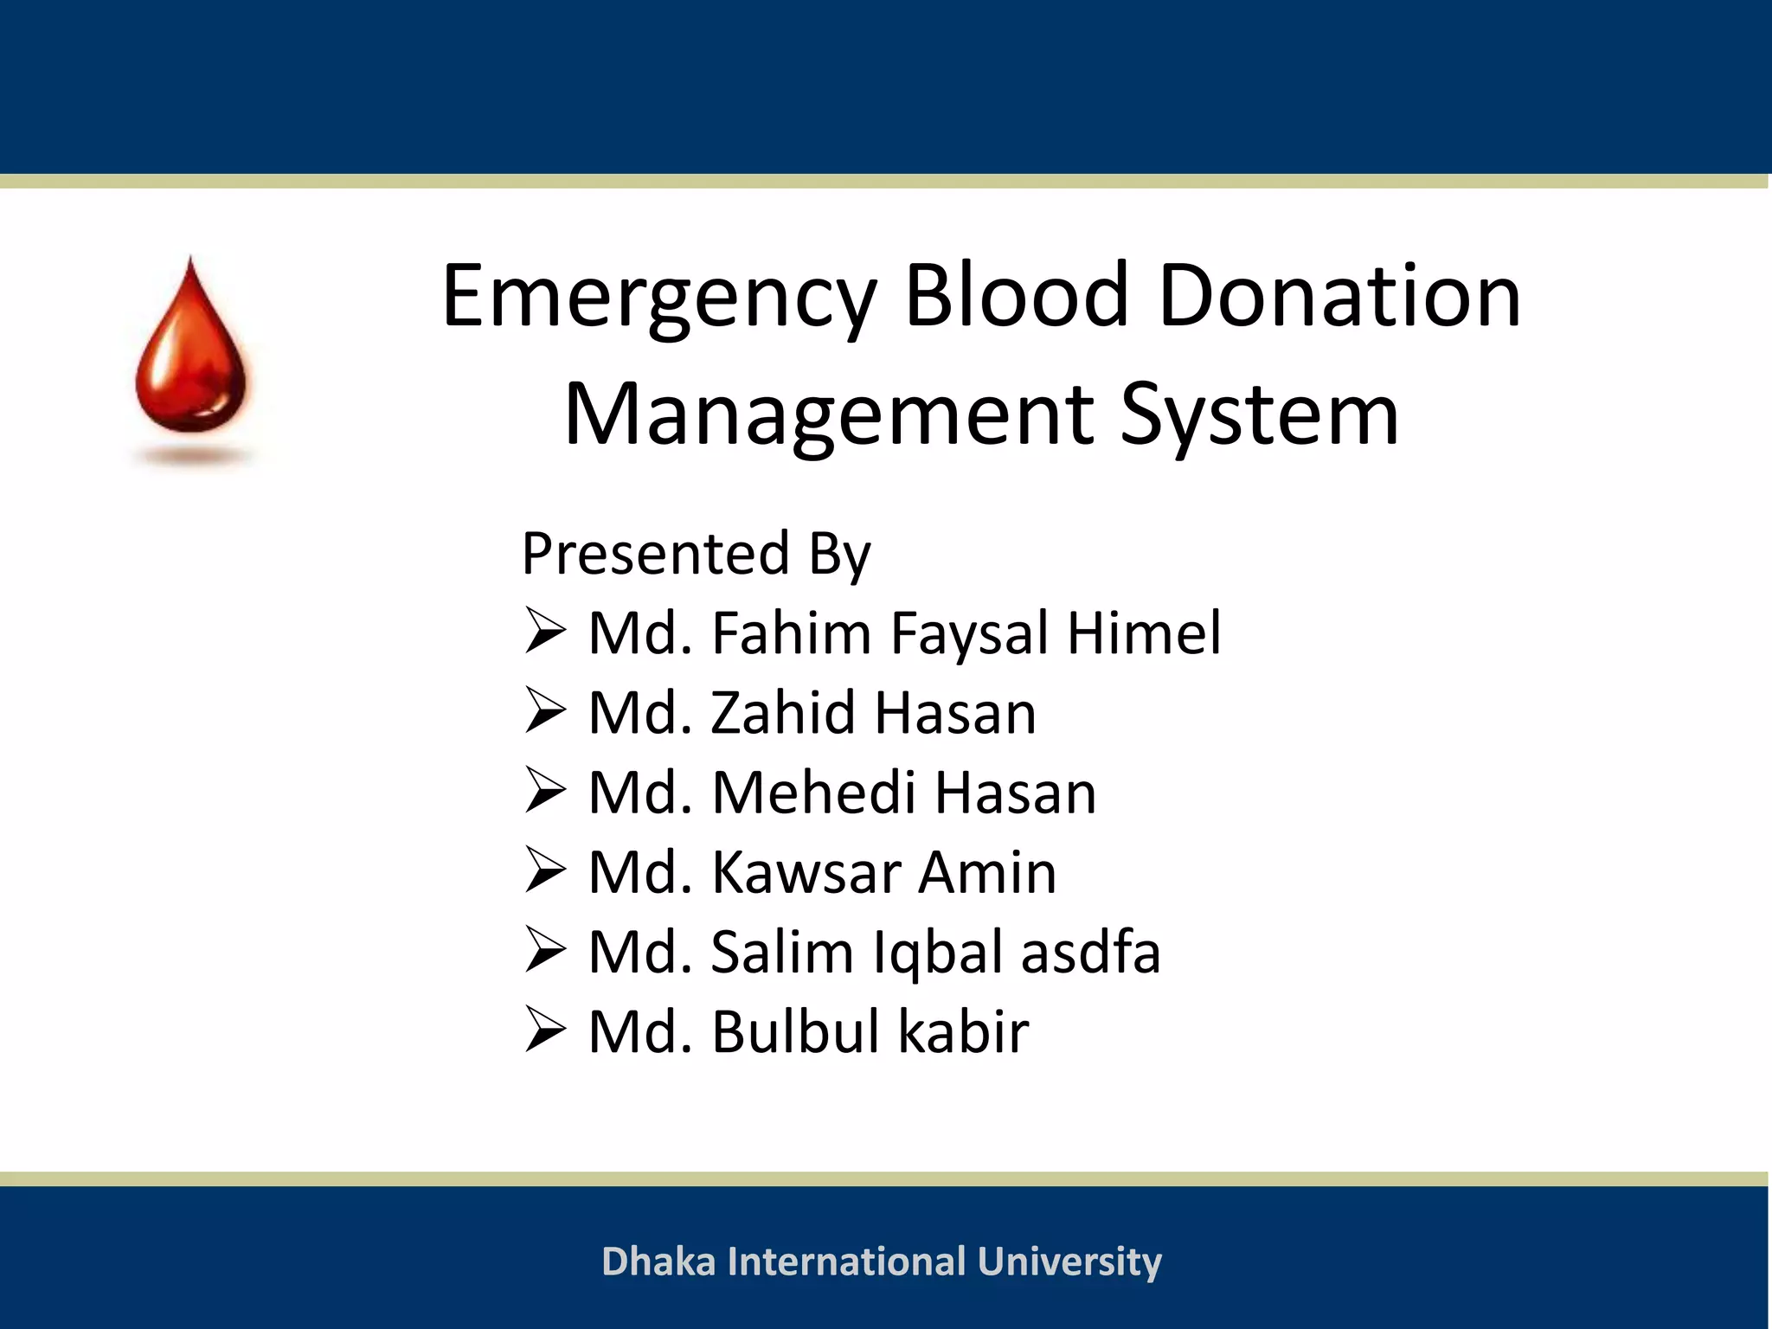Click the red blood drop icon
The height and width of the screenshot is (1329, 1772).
(x=191, y=350)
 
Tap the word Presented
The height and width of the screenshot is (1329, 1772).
(x=655, y=553)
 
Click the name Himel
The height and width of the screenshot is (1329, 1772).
(x=1144, y=632)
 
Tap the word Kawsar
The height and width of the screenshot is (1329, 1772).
(x=805, y=872)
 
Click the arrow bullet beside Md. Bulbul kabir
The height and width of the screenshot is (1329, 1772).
(x=545, y=1031)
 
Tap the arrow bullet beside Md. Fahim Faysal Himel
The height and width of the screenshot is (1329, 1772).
(x=545, y=632)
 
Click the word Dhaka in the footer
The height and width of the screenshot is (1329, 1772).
(x=658, y=1262)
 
